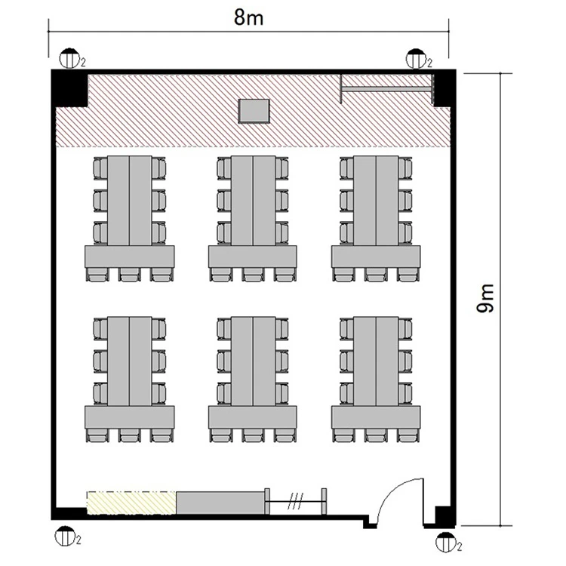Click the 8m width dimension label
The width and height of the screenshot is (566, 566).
(248, 17)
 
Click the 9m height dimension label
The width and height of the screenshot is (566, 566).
(484, 298)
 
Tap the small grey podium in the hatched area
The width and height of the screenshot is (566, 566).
(254, 111)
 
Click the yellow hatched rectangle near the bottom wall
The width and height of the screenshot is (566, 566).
(131, 503)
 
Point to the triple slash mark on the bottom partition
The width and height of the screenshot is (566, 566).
(295, 501)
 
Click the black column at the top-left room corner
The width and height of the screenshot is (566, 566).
(69, 88)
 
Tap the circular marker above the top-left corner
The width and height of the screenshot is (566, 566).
(69, 58)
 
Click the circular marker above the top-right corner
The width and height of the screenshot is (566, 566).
(416, 58)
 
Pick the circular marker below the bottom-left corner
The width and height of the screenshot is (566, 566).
(65, 536)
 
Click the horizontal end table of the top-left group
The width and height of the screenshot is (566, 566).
(130, 257)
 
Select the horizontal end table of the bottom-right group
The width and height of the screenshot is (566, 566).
(376, 417)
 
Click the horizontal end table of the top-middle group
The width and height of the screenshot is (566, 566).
(253, 257)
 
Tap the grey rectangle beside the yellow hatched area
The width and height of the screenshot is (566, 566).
(220, 503)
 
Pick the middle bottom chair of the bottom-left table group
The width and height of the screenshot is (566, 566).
(130, 435)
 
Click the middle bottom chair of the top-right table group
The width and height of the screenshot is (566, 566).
(376, 275)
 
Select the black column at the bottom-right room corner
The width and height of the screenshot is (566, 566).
(444, 516)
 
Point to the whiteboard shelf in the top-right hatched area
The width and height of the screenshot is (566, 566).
(386, 89)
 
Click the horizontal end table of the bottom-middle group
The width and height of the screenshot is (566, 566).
(253, 417)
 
